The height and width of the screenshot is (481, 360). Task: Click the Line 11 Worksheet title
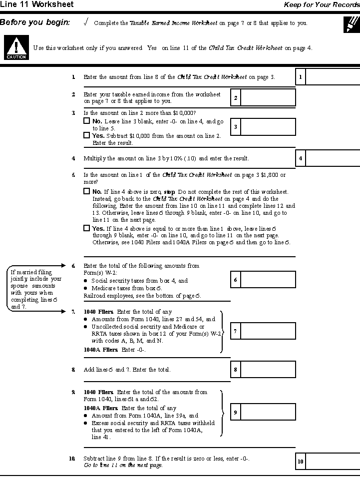(37, 4)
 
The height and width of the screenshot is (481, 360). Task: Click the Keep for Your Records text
(322, 4)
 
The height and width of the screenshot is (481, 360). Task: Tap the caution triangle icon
(16, 48)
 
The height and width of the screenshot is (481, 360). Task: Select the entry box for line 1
(333, 77)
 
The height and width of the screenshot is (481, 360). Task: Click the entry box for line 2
(268, 97)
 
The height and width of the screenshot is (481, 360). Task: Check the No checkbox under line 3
(87, 121)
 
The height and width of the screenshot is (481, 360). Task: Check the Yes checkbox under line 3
(87, 135)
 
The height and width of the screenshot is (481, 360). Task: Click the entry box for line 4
(333, 159)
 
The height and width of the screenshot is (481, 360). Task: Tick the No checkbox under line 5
(87, 191)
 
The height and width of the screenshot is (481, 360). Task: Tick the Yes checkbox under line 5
(87, 228)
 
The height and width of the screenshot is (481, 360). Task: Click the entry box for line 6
(268, 280)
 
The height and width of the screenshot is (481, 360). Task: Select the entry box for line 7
(268, 331)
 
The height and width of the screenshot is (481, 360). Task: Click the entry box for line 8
(268, 370)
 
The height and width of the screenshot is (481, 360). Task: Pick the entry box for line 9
(268, 412)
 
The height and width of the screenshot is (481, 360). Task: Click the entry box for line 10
(333, 462)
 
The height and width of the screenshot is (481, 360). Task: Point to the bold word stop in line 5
(170, 191)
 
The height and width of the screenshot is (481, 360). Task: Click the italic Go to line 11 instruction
(123, 465)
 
